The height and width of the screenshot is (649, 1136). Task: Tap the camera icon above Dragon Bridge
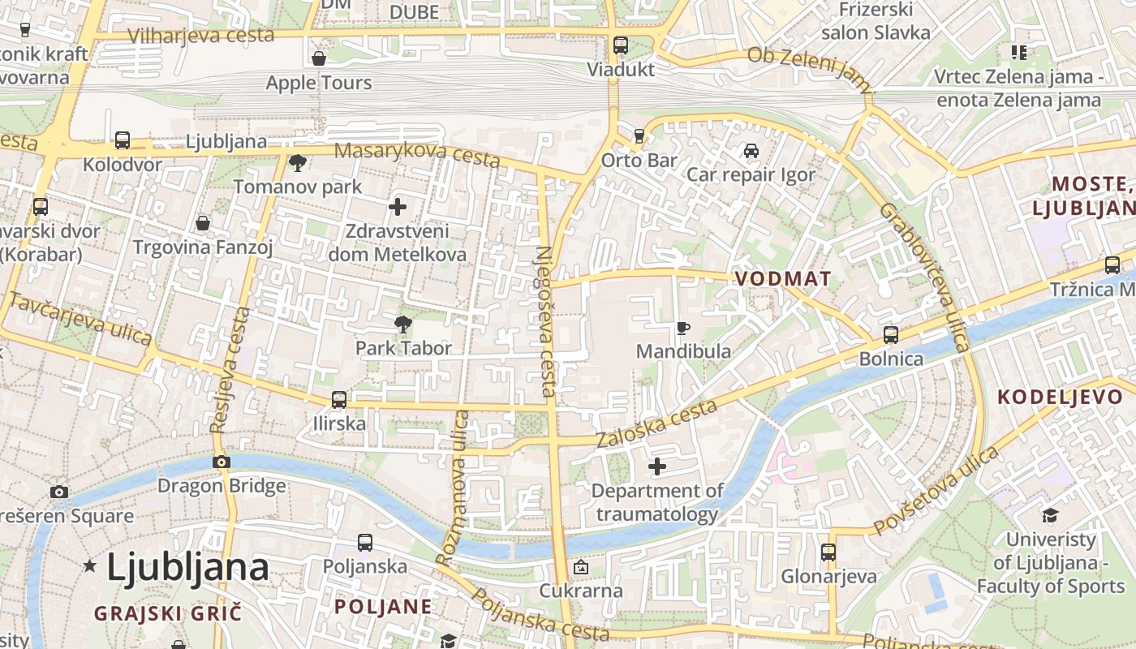point(222,462)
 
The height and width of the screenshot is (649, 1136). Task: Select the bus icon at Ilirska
point(339,400)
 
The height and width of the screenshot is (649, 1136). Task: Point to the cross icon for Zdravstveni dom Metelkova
point(398,207)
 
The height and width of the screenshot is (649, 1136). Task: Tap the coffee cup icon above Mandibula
point(683,328)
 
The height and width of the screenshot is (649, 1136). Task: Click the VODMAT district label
point(783,279)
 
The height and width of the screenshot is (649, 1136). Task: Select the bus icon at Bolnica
point(891,335)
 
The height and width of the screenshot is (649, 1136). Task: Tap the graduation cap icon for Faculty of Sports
point(1050,516)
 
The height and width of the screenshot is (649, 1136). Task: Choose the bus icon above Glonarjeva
point(828,552)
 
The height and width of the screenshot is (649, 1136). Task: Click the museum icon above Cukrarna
point(580,567)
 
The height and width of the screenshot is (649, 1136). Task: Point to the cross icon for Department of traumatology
point(657,466)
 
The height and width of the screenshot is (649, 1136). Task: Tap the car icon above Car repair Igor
point(751,151)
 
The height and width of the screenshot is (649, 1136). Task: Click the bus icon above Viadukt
point(621,45)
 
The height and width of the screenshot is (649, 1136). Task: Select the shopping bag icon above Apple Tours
point(319,58)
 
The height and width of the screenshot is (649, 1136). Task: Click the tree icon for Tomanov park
point(298,163)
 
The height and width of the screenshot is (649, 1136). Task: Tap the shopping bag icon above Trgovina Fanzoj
point(203,223)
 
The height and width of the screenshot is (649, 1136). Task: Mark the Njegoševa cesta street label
point(545,321)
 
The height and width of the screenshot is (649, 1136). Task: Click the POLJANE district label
point(383,607)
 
